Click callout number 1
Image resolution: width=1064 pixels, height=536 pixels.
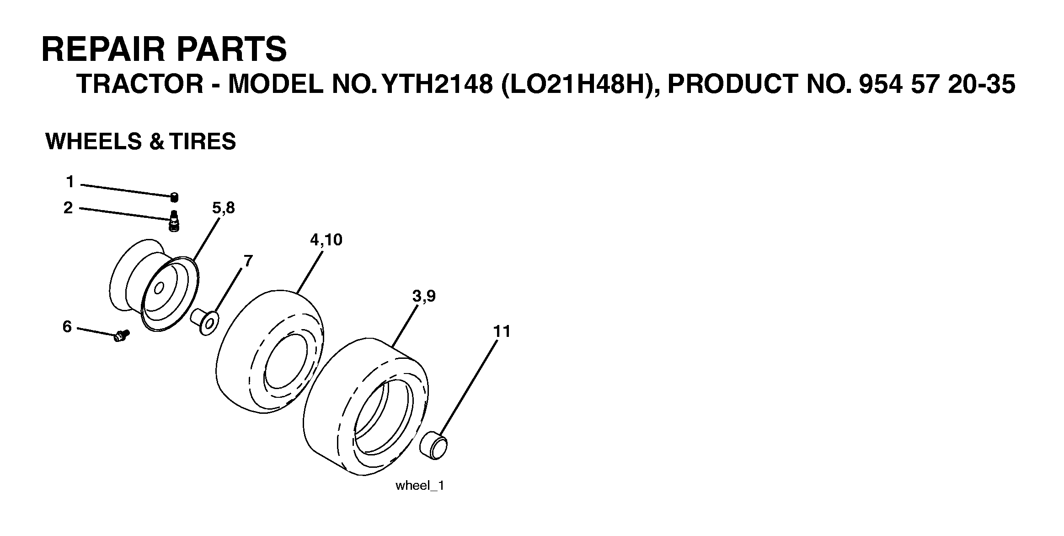70,182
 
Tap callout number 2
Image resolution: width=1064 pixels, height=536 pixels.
68,208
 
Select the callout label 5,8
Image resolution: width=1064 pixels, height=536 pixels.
223,208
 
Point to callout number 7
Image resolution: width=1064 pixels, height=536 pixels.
247,261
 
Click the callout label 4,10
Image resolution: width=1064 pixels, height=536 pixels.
326,240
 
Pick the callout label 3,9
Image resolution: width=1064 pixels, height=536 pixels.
424,297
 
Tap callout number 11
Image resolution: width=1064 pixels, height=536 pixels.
502,331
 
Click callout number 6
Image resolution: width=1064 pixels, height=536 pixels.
67,327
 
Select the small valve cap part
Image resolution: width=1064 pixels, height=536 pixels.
174,197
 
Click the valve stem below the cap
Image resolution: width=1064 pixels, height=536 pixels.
174,222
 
